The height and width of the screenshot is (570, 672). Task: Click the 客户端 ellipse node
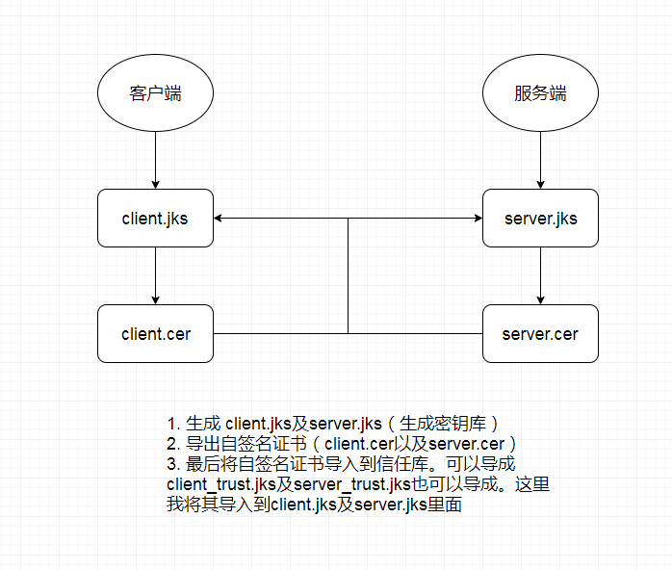(155, 93)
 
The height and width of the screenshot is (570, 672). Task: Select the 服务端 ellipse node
(540, 93)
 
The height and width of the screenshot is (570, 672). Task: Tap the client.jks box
(155, 219)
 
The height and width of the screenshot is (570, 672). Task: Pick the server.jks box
(540, 219)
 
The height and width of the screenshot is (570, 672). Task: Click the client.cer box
(155, 334)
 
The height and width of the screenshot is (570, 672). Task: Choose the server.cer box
(540, 334)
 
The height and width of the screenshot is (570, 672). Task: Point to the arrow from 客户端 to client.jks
(155, 160)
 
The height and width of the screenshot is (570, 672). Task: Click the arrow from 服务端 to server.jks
(540, 160)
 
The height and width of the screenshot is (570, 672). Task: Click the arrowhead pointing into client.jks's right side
(220, 219)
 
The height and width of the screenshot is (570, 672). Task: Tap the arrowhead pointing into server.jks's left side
(477, 219)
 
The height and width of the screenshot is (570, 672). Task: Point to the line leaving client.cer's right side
(279, 334)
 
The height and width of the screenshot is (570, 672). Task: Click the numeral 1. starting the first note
(173, 425)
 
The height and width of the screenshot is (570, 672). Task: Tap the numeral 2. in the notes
(173, 444)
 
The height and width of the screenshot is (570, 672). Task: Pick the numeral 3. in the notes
(173, 464)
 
